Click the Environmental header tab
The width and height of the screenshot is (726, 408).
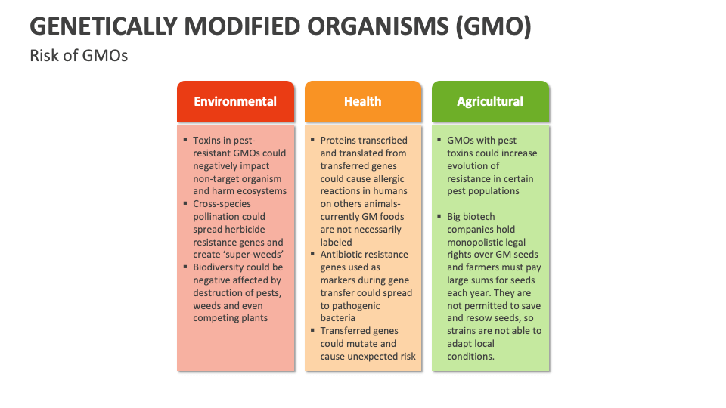click(235, 101)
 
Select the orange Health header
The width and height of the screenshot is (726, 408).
click(363, 101)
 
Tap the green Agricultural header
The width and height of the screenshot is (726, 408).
click(490, 101)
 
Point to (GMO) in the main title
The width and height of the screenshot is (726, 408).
click(494, 26)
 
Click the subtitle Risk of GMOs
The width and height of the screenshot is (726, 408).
click(79, 55)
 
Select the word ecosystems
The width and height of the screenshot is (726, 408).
click(262, 191)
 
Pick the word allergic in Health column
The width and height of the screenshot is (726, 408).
click(386, 179)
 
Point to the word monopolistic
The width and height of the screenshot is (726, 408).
click(486, 243)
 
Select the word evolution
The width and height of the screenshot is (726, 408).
click(467, 166)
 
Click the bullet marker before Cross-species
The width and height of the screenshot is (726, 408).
click(185, 203)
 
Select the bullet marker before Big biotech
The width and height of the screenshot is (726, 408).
click(439, 216)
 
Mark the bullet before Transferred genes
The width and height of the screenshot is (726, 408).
click(312, 330)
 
